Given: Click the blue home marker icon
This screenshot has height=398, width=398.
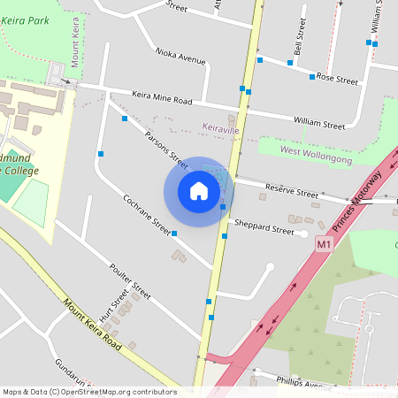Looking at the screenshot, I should click(198, 191).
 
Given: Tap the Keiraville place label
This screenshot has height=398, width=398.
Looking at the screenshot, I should click(220, 130).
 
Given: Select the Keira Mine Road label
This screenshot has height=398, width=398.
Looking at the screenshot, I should click(162, 101).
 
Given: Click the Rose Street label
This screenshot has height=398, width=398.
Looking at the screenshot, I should click(337, 80).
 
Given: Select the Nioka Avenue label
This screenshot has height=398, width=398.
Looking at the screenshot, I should click(180, 56).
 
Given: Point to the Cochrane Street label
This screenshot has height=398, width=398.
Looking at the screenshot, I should click(147, 215).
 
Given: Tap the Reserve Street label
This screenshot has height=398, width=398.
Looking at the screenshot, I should click(292, 192).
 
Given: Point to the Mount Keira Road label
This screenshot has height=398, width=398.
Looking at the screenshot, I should click(92, 324).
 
